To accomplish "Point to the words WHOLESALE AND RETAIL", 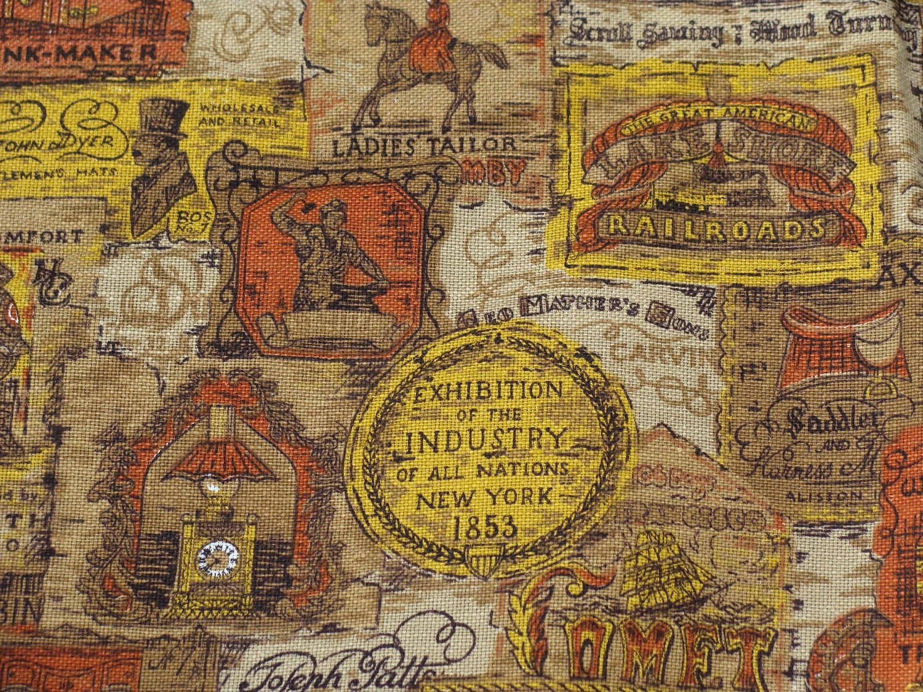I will point(239,116).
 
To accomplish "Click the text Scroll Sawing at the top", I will point(646,32).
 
